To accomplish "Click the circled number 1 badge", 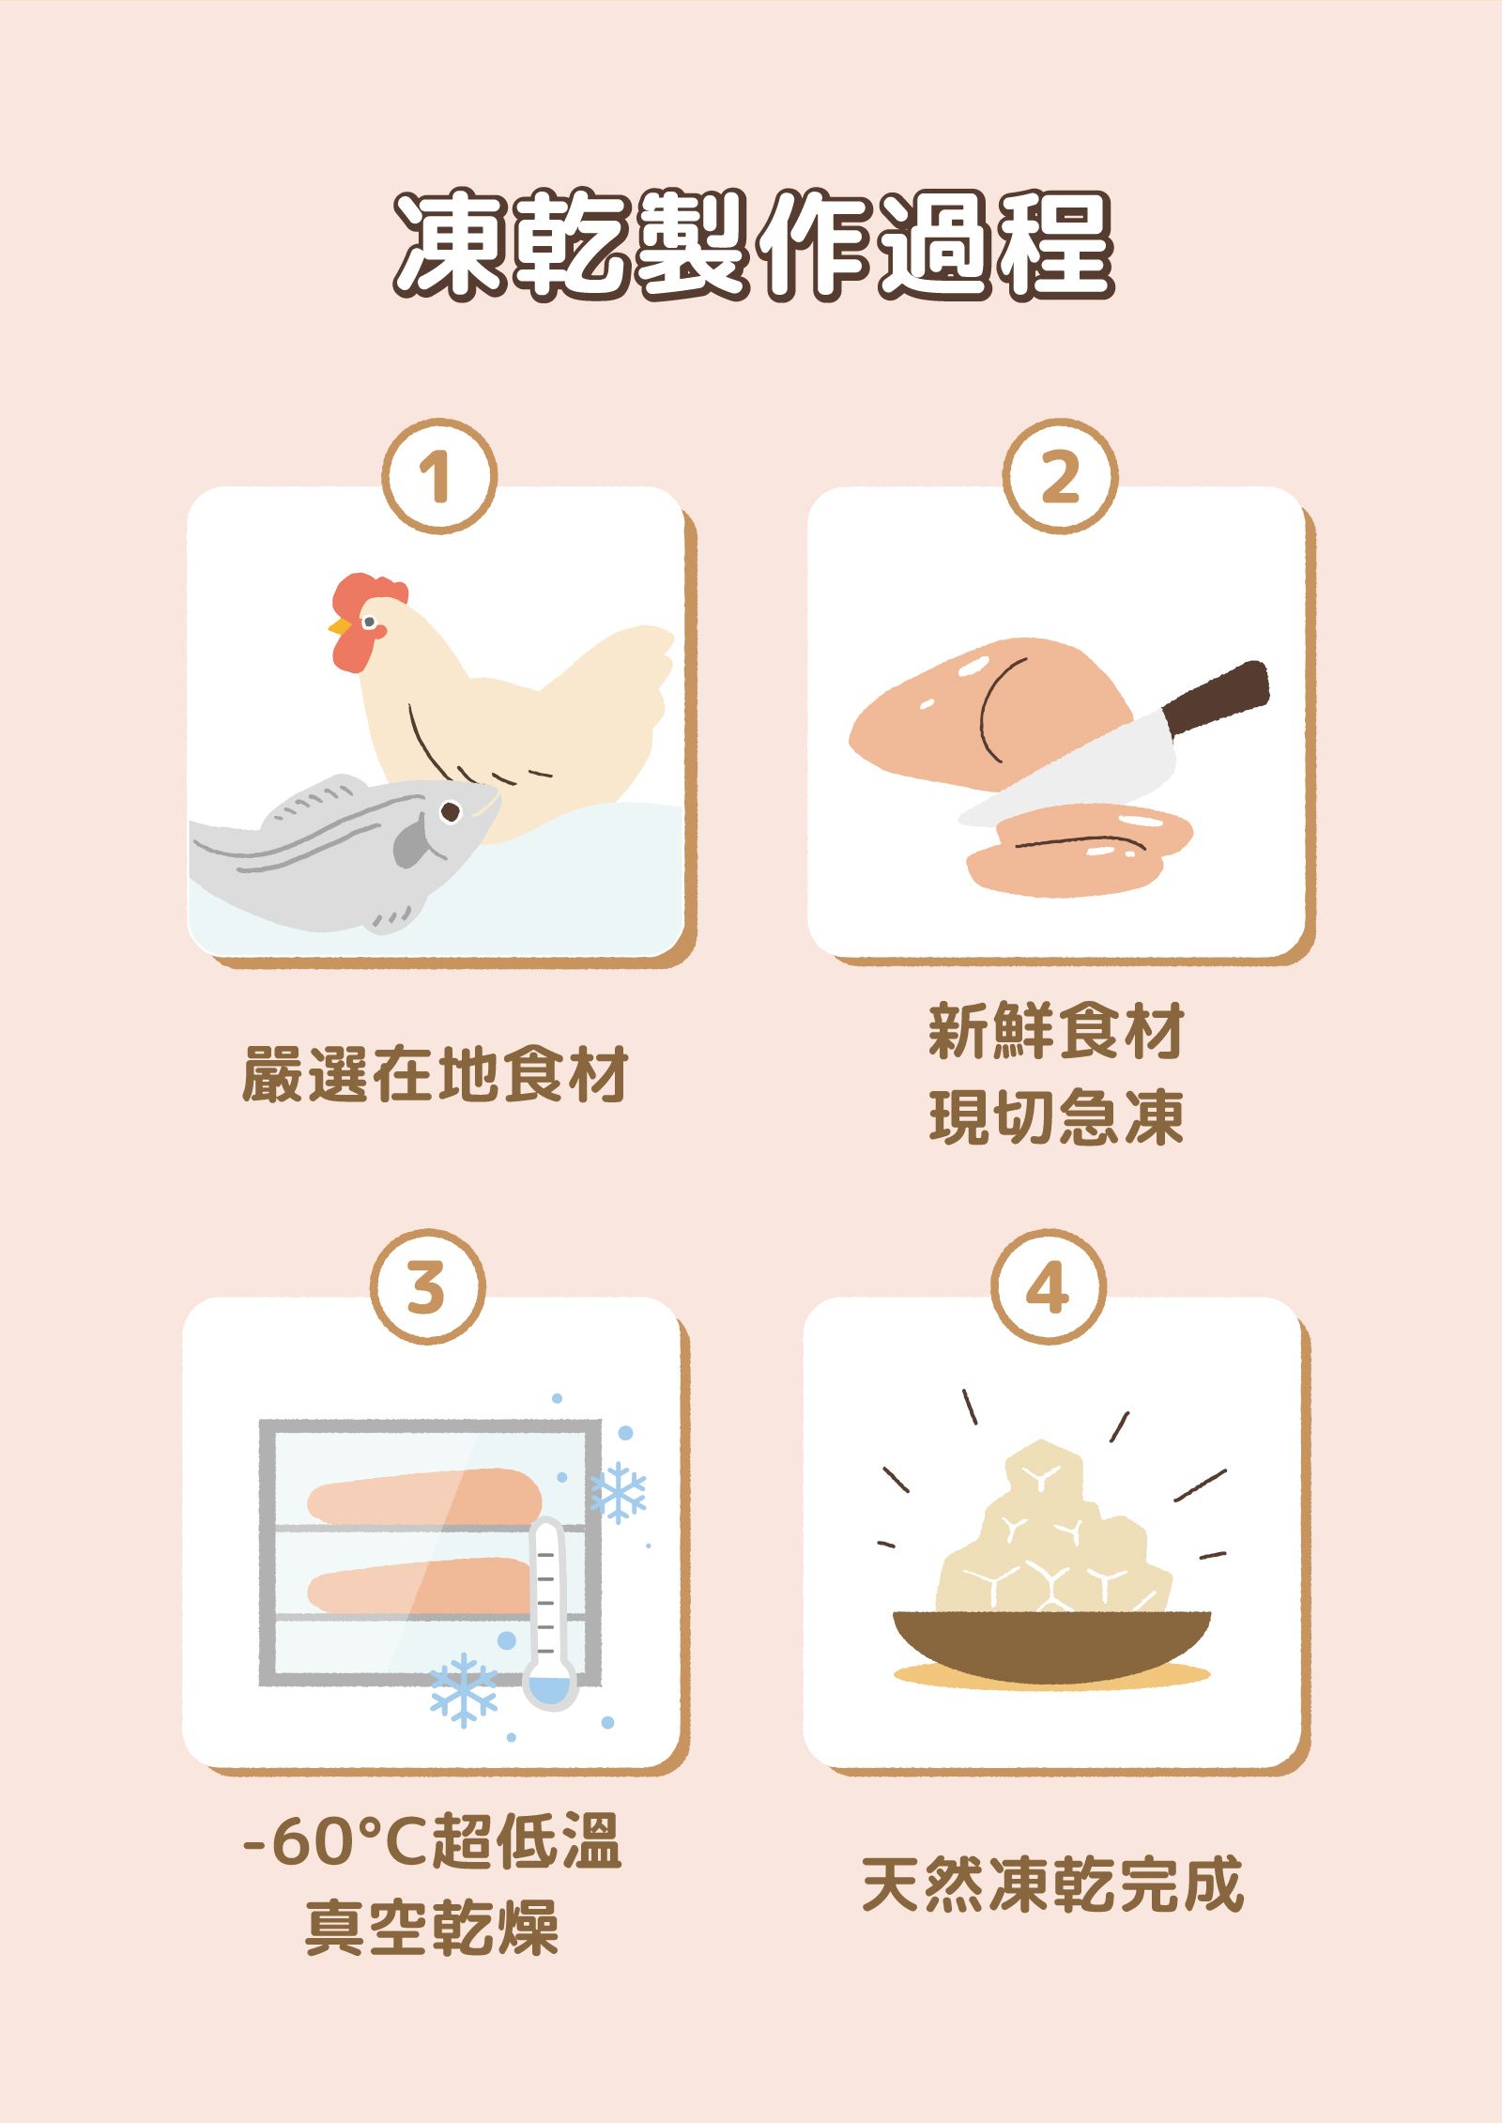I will click(x=438, y=476).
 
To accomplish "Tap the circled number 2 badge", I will click(x=1060, y=476).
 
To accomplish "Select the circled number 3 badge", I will click(x=427, y=1286).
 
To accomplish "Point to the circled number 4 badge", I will click(x=1048, y=1286).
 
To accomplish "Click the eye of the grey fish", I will click(x=451, y=811).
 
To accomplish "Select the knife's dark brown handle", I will click(x=1218, y=696).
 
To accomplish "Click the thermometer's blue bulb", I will click(x=549, y=1687).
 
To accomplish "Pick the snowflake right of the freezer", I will click(x=618, y=1493).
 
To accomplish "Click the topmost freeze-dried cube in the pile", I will click(x=1042, y=1470).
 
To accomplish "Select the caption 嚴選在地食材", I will click(x=435, y=1074).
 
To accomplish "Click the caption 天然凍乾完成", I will click(x=1052, y=1885).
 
